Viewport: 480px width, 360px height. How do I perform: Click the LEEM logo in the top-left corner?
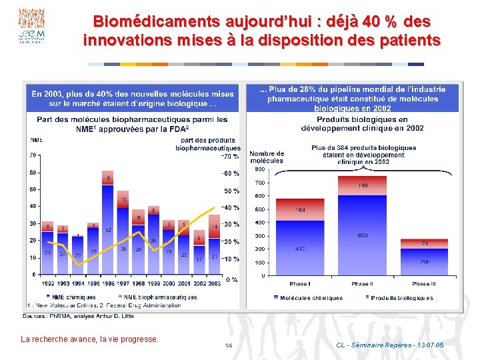pos(31,26)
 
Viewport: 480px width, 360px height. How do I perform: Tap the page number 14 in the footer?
pos(228,345)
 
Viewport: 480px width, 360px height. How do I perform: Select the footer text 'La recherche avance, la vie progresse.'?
pos(90,339)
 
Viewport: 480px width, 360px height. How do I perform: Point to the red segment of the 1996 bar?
pos(108,177)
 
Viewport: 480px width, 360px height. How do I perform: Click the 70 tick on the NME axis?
pos(33,155)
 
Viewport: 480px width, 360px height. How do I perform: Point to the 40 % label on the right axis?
pos(230,208)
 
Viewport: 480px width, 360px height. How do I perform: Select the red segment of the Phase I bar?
pos(300,209)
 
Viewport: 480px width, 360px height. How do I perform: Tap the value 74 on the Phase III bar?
pos(424,243)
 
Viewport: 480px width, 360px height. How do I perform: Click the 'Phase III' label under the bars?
pos(424,283)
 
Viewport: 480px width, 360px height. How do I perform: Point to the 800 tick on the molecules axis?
pos(259,169)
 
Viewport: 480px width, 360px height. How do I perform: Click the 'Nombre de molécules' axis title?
pos(267,157)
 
